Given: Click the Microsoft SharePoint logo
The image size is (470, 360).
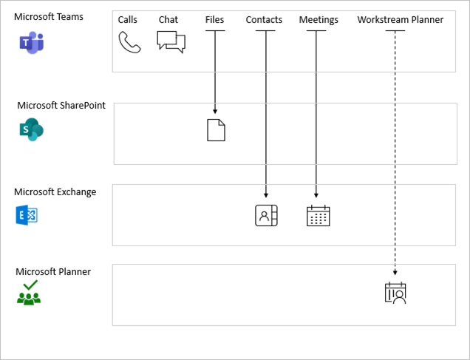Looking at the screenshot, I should pos(31,129).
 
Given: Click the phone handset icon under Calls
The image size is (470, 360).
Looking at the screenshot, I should pos(129,43).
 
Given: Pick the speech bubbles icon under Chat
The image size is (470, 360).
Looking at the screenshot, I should pos(171,42).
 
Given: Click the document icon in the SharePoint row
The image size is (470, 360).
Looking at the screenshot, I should pos(215,129).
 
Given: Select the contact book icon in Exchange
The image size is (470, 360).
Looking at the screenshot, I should pos(266,215).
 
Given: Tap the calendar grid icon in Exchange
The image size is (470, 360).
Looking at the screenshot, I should pos(318,215).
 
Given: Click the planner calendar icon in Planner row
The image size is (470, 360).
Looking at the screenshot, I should pos(395,293).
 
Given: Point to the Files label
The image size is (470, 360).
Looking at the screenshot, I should pos(214,20).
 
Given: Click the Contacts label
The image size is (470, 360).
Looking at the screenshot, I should pos(264,20).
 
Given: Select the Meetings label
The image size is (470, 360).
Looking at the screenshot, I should pos(318,20).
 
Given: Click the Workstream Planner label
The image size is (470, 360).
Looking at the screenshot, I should pos(400,20).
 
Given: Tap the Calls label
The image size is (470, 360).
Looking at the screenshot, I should pos(129,20).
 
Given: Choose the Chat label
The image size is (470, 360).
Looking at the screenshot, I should pos(168,20).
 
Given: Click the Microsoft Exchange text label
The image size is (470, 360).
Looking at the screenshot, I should pos(55,192).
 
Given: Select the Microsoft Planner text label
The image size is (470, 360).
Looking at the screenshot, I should pos(53,271).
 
